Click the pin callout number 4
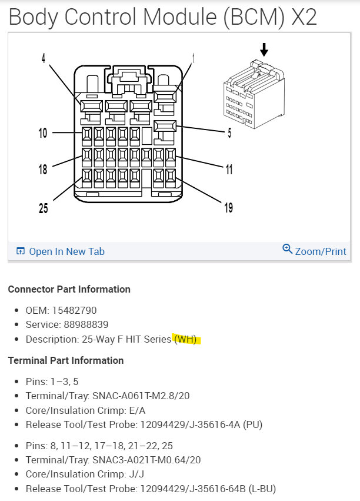43,59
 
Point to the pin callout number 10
43,133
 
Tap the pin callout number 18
43,170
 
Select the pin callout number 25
43,208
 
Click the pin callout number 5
229,133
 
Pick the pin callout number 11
228,170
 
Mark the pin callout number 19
228,208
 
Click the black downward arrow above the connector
264,49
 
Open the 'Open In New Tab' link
66,251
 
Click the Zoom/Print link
321,251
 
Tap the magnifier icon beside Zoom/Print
288,250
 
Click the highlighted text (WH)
186,340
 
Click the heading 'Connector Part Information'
69,289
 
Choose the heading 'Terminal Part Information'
65,360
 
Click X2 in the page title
304,17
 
